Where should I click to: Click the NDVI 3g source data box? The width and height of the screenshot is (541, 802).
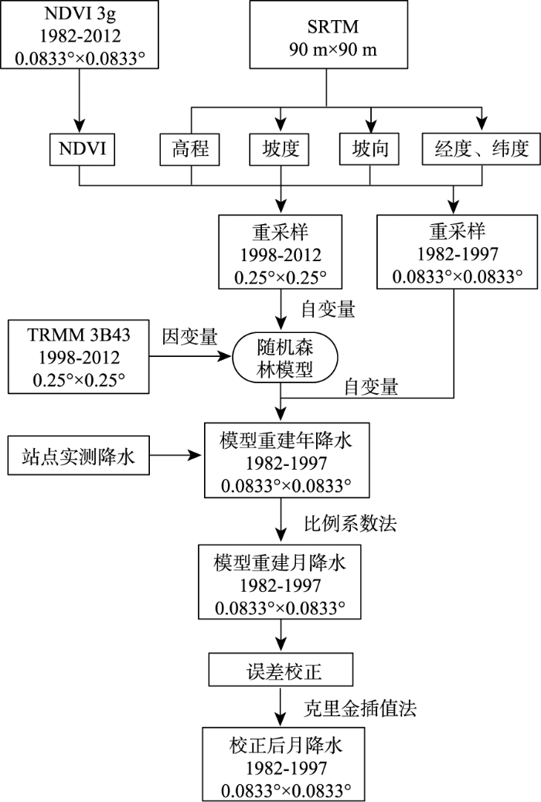click(x=80, y=34)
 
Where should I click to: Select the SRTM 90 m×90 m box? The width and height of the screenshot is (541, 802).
click(x=328, y=34)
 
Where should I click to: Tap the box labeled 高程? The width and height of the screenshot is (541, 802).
click(x=190, y=149)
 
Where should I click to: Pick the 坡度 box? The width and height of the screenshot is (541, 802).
click(x=280, y=149)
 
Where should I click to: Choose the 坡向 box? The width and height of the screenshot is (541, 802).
click(x=369, y=149)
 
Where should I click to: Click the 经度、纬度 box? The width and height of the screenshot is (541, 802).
click(x=481, y=149)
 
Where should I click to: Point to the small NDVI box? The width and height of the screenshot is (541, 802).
click(x=82, y=149)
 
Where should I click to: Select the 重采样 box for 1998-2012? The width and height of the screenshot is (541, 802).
click(x=280, y=252)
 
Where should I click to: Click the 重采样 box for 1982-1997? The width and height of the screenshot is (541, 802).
click(x=458, y=252)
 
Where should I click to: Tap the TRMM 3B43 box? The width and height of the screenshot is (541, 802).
click(x=78, y=357)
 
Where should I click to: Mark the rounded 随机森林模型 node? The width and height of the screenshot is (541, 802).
click(x=284, y=359)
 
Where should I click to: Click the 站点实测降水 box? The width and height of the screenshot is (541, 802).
click(x=78, y=455)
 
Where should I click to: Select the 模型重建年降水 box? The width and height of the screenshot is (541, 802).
click(x=287, y=460)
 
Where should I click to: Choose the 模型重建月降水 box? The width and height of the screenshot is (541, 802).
click(x=280, y=582)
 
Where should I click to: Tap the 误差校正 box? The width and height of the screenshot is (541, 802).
click(x=281, y=670)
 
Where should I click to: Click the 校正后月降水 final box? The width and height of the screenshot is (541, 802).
click(x=284, y=764)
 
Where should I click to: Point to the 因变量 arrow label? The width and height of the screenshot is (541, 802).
click(x=190, y=337)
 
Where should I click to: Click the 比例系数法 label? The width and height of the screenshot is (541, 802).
click(x=350, y=523)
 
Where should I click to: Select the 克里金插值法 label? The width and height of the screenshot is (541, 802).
click(x=360, y=708)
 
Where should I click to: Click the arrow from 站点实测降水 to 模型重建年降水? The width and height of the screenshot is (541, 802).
click(x=176, y=455)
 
